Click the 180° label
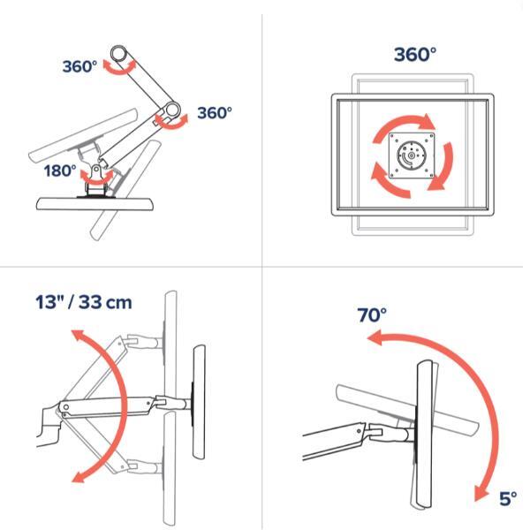pyautogui.click(x=60, y=170)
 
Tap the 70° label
pyautogui.click(x=372, y=314)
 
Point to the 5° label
pyautogui.click(x=508, y=498)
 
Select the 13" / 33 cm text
pyautogui.click(x=84, y=302)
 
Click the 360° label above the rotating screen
pyautogui.click(x=415, y=54)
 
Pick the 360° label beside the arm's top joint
pyautogui.click(x=79, y=66)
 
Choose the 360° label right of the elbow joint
pyautogui.click(x=215, y=113)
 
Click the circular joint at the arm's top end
pyautogui.click(x=118, y=53)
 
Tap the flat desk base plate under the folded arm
pyautogui.click(x=95, y=204)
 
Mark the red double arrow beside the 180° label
pyautogui.click(x=96, y=178)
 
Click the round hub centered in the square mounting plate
pyautogui.click(x=411, y=155)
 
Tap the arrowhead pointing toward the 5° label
pyautogui.click(x=481, y=494)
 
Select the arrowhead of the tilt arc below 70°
pyautogui.click(x=375, y=338)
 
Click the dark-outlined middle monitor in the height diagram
pyautogui.click(x=199, y=402)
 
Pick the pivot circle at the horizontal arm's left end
pyautogui.click(x=66, y=407)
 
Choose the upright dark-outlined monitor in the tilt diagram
pyautogui.click(x=425, y=434)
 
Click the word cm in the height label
pyautogui.click(x=118, y=303)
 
